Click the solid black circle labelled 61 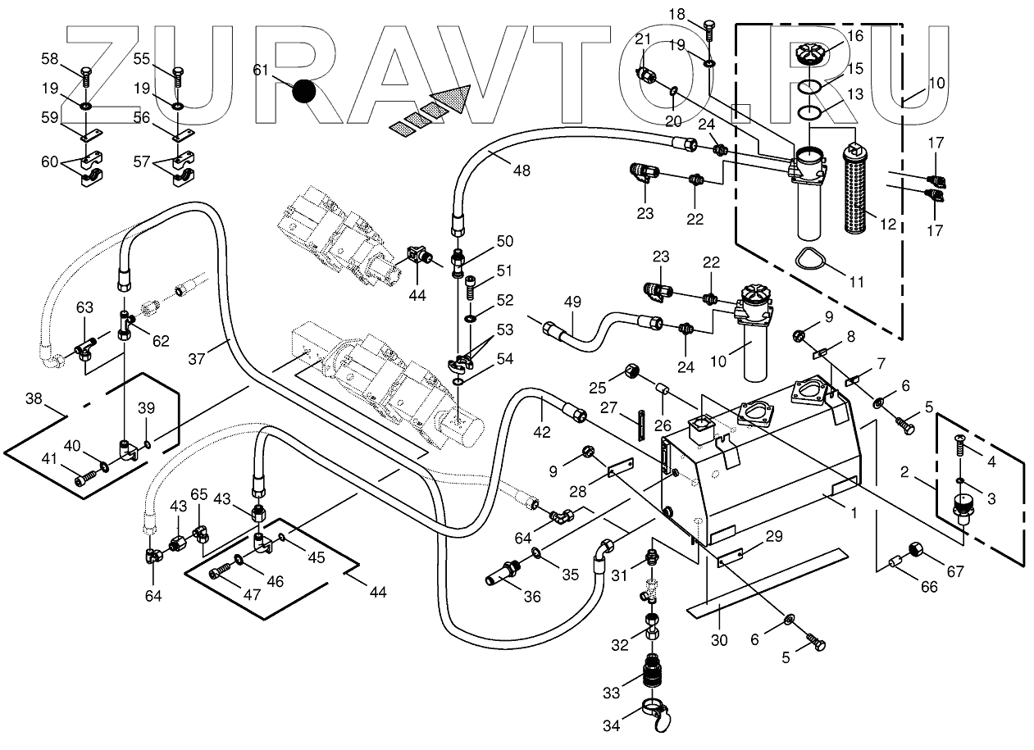(x=303, y=91)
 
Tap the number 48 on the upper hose (x=521, y=170)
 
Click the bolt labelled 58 (x=84, y=80)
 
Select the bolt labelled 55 (x=179, y=80)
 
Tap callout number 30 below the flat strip (x=719, y=640)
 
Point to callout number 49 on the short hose (x=573, y=302)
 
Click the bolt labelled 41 (x=84, y=477)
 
